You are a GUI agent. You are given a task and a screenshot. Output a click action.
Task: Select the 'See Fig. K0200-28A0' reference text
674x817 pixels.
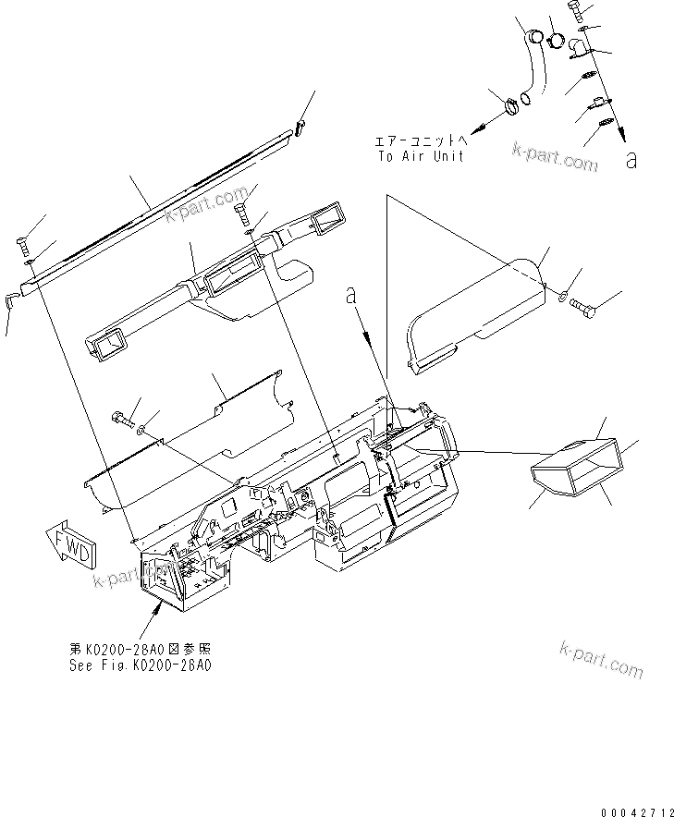pyautogui.click(x=140, y=665)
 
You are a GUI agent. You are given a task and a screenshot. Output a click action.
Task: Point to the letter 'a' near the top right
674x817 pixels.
pyautogui.click(x=631, y=160)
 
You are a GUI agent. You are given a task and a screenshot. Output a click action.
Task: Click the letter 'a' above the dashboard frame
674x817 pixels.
pyautogui.click(x=350, y=296)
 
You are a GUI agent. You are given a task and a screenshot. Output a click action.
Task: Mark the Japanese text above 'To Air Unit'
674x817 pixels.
pyautogui.click(x=421, y=141)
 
